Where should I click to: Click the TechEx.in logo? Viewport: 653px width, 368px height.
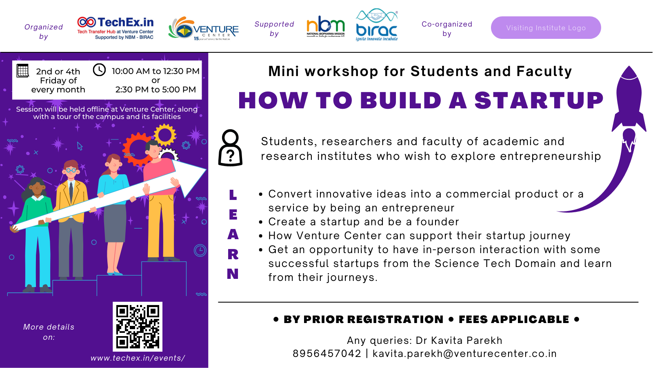tap(115, 28)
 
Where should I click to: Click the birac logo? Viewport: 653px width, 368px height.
tap(376, 25)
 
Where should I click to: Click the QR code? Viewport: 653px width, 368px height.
tap(138, 326)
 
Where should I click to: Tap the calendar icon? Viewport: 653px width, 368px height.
tap(23, 71)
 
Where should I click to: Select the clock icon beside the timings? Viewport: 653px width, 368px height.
tap(99, 70)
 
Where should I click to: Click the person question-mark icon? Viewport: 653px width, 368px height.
tap(231, 148)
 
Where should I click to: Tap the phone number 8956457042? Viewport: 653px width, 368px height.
tap(327, 354)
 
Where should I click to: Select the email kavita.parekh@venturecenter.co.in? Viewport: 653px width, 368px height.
tap(464, 354)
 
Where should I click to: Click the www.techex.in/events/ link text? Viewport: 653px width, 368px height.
tap(138, 358)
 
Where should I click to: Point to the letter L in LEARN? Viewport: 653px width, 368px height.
tap(233, 195)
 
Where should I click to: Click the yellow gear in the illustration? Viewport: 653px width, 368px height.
tap(165, 135)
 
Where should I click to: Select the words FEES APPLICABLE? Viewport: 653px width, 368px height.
tap(513, 319)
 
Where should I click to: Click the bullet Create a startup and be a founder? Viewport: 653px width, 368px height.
tap(363, 222)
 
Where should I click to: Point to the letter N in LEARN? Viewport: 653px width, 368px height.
tap(233, 274)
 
